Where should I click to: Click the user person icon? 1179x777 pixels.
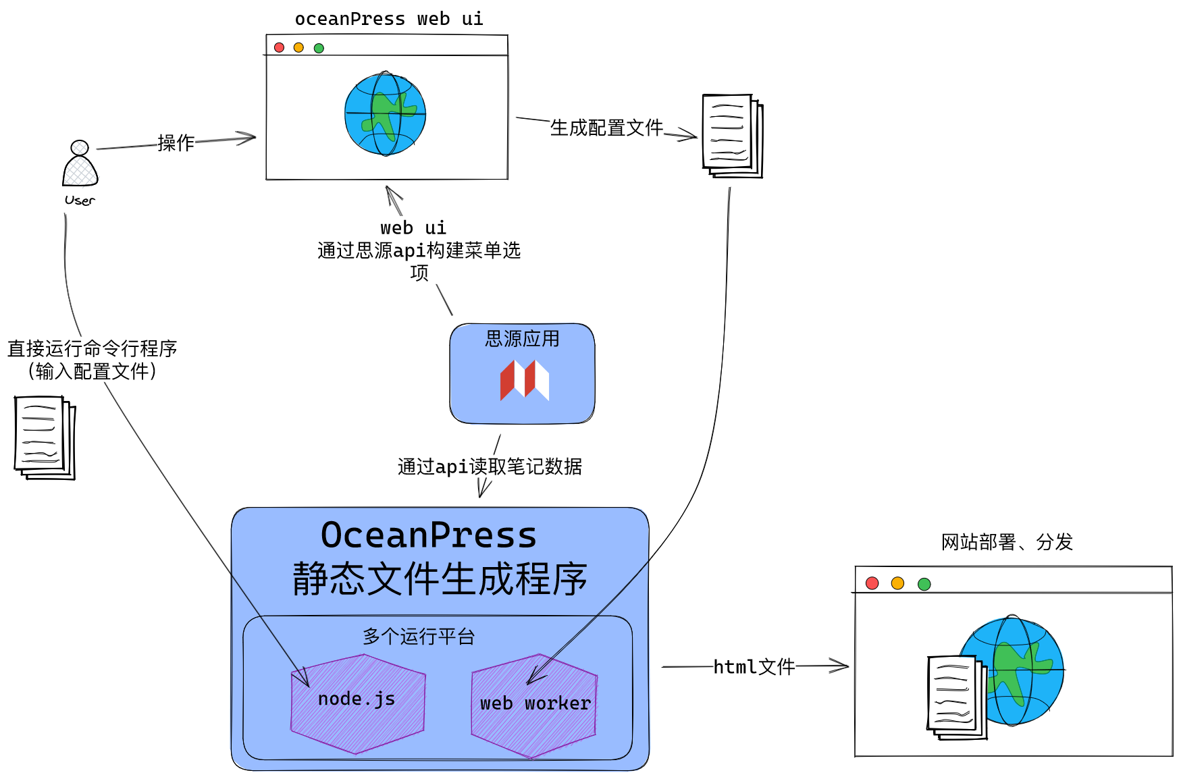point(80,164)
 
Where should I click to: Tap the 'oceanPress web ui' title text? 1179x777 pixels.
point(389,19)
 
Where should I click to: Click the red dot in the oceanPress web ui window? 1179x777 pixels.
point(279,47)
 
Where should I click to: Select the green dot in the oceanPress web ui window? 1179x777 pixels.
point(319,48)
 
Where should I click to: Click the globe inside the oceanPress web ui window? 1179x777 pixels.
point(385,114)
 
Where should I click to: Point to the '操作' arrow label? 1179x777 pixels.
point(176,142)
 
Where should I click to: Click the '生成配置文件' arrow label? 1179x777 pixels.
point(606,128)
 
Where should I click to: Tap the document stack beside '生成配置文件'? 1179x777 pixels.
point(732,136)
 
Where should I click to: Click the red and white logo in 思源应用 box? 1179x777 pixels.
point(524,380)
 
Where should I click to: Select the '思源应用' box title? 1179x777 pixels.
point(522,338)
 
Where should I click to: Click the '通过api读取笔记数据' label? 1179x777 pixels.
point(490,466)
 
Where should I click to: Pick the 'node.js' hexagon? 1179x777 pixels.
point(357,703)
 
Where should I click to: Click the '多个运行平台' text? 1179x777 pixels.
point(419,636)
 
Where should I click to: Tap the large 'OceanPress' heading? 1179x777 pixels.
point(429,535)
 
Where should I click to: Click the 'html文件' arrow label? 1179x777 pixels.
point(754,667)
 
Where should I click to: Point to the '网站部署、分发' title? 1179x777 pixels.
point(1007,541)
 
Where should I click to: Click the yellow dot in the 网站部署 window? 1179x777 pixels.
point(897,583)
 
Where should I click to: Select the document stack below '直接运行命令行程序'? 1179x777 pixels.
point(45,437)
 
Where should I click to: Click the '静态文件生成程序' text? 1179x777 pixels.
point(440,579)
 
